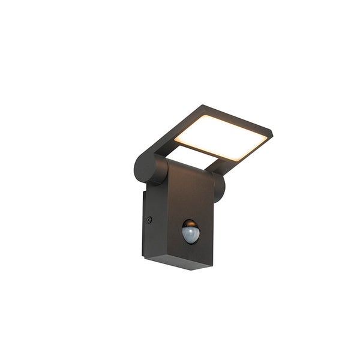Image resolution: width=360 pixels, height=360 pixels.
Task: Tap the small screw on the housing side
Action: pyautogui.click(x=149, y=220)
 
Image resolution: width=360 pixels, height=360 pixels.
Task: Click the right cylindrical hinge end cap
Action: pyautogui.click(x=219, y=187)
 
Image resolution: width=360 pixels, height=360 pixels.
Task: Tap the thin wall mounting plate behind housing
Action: pyautogui.click(x=144, y=222)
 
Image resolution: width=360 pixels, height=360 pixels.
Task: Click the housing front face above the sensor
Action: pyautogui.click(x=189, y=192)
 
